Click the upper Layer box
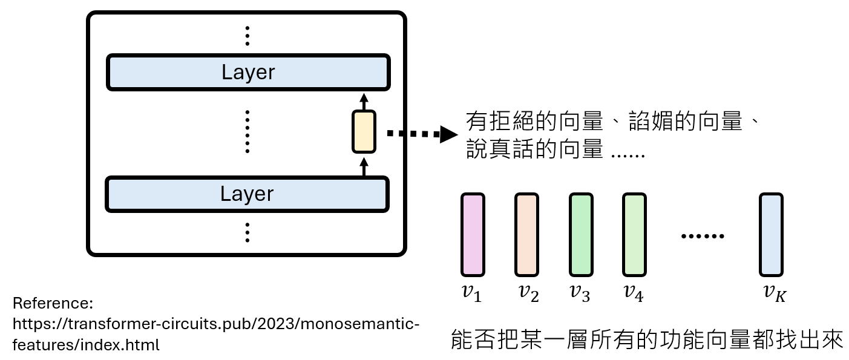[x=247, y=72]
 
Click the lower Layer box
[x=247, y=194]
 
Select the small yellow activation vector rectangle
[x=364, y=131]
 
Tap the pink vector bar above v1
[x=473, y=235]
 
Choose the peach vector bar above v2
[x=526, y=235]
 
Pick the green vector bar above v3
[x=581, y=235]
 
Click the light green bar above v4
[x=634, y=235]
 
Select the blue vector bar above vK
[x=772, y=235]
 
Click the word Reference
[x=51, y=303]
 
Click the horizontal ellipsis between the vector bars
[x=703, y=235]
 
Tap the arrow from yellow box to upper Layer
[x=364, y=101]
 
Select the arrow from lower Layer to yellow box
[x=364, y=165]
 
